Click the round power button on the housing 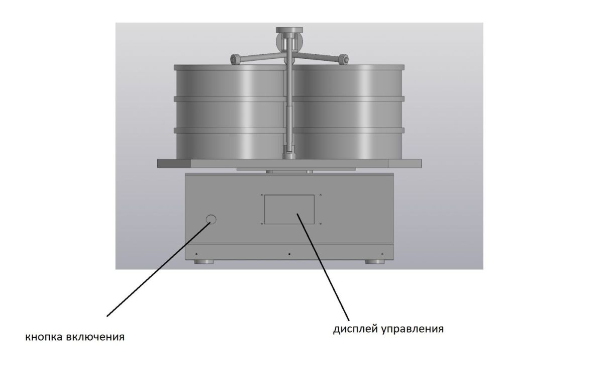tap(211, 220)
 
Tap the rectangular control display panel tap(289, 209)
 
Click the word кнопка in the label tap(44, 337)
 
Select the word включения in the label tap(95, 337)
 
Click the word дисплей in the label tap(356, 329)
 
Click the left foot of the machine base tap(204, 262)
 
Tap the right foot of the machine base tap(375, 262)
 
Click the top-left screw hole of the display tap(262, 195)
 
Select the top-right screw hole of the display tap(321, 195)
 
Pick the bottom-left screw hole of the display tap(262, 224)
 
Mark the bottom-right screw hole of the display tap(321, 224)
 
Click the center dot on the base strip tap(289, 254)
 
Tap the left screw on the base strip tap(196, 254)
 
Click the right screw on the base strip tap(382, 254)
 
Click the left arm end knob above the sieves tap(236, 59)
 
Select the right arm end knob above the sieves tap(343, 59)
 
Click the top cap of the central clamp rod tap(289, 30)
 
